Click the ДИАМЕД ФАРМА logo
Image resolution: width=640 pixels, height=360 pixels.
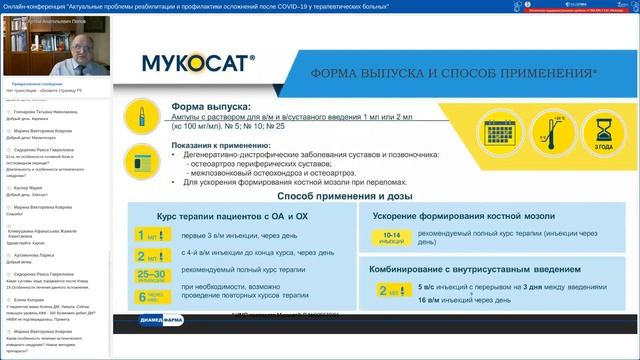click(x=171, y=320)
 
